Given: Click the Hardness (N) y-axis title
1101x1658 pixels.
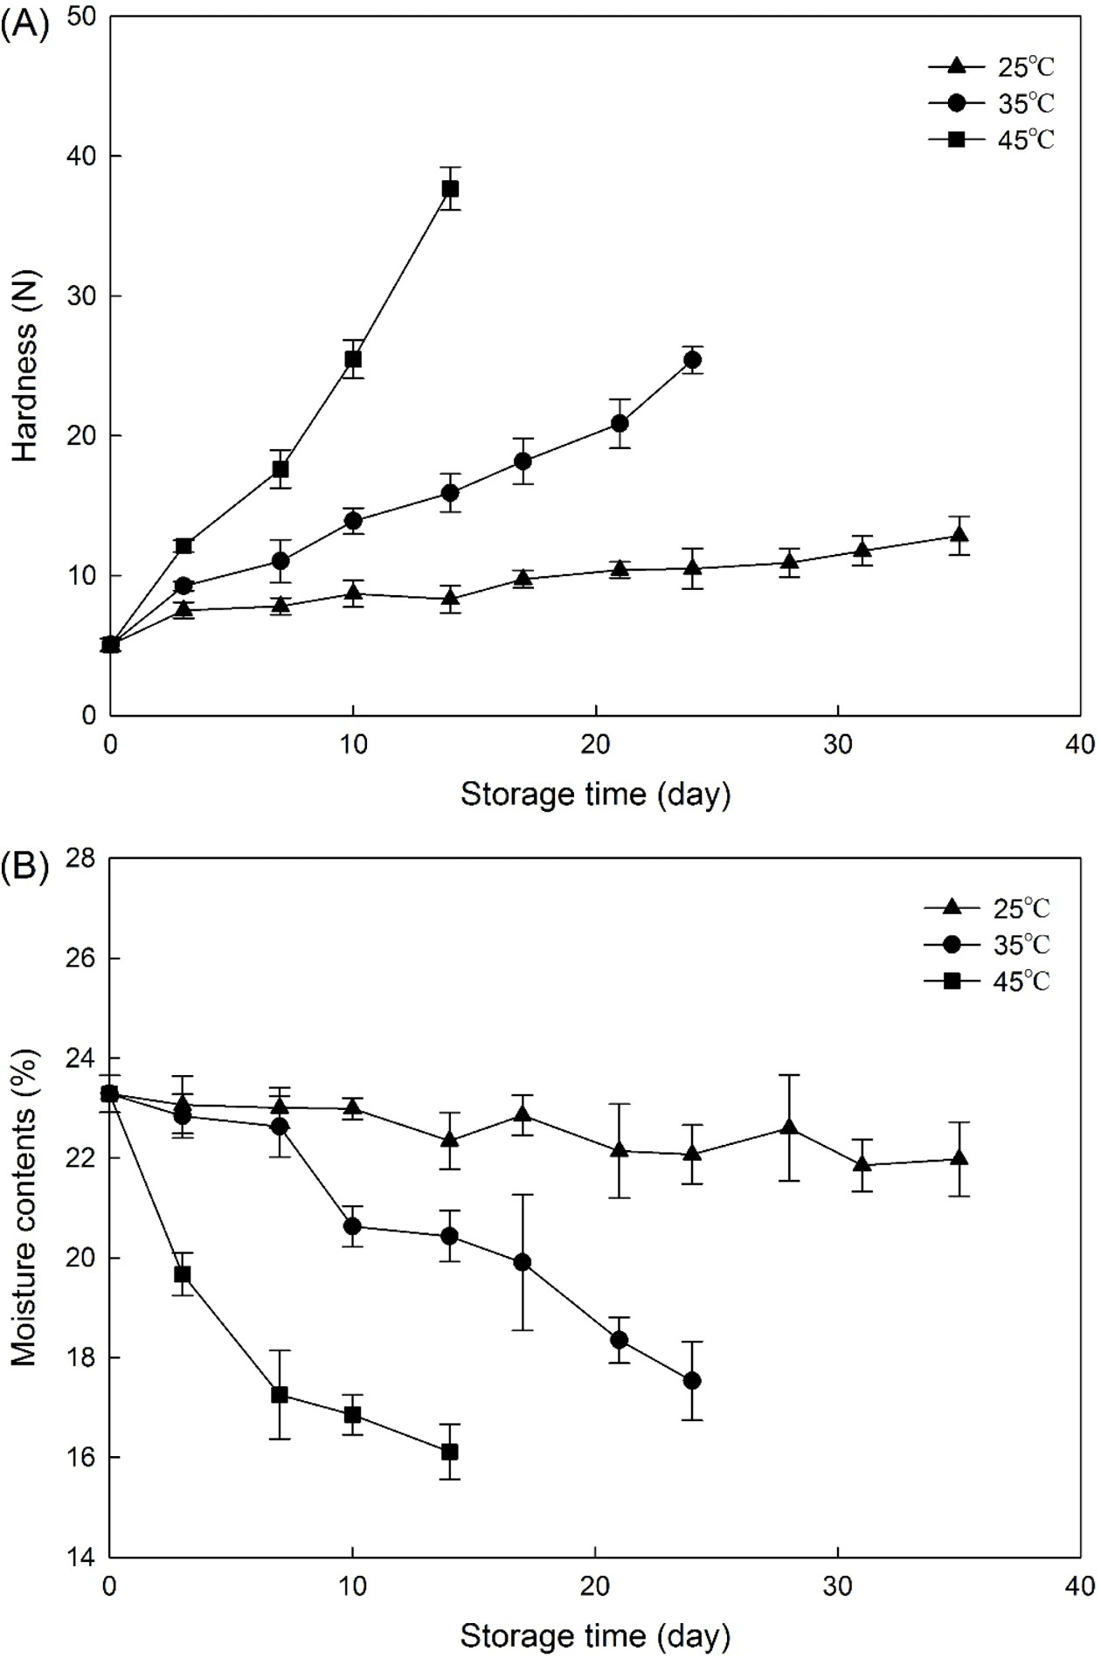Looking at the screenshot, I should coord(25,390).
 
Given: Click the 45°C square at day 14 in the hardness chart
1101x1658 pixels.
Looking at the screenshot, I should coord(450,189).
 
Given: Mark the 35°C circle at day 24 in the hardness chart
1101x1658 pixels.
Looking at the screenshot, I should coord(693,359).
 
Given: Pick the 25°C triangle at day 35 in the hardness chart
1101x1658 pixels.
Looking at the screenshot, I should coord(959,535).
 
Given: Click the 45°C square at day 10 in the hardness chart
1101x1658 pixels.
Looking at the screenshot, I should coord(353,358).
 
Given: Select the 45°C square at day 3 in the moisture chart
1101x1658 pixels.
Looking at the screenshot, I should coord(183,1274).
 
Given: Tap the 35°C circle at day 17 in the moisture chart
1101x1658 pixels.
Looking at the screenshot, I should coord(523,1262).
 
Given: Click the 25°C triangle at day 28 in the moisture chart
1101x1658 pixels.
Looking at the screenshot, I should coord(790,1127).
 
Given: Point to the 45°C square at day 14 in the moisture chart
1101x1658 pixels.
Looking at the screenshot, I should coord(450,1452).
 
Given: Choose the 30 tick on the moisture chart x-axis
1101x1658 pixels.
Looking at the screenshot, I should coord(838,1583).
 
